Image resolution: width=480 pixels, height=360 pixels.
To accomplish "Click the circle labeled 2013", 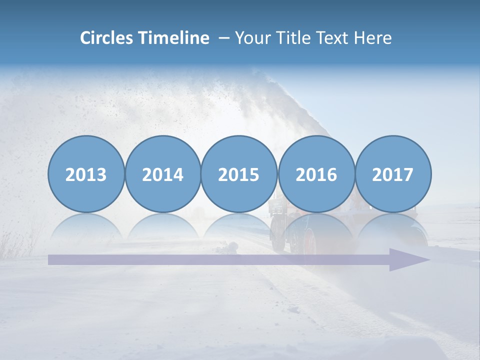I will point(86,174).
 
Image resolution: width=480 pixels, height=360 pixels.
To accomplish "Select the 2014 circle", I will point(162,174).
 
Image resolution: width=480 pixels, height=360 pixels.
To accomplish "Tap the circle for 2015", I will point(239,174).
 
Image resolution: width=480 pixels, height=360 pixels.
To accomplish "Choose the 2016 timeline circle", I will point(316,174).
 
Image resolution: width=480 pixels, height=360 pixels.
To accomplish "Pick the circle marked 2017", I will point(393,174).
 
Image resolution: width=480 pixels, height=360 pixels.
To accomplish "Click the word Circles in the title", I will point(106,38).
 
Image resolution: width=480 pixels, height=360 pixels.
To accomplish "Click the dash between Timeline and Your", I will point(223,38).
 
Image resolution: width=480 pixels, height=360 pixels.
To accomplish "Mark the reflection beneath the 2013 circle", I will point(86,227).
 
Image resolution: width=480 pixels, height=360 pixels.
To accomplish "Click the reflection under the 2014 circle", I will point(162,227).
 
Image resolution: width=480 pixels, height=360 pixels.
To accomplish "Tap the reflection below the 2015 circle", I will point(239,227).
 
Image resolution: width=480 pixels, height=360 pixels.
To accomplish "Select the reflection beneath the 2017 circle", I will point(393,227).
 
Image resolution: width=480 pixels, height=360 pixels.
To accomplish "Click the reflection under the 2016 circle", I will point(316,227).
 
